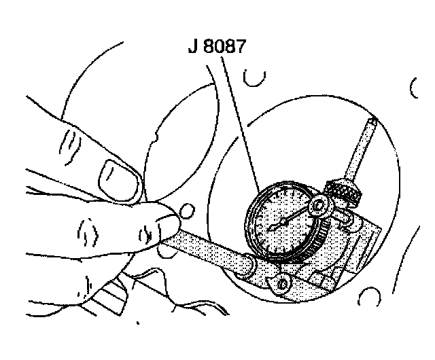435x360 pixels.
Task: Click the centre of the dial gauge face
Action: click(278, 222)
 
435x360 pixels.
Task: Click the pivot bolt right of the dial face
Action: click(320, 206)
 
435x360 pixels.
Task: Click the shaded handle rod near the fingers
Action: click(204, 247)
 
